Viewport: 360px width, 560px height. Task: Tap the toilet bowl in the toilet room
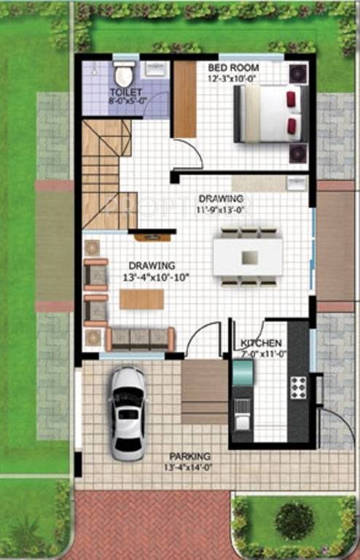(x=122, y=74)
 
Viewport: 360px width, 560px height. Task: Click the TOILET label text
(x=125, y=93)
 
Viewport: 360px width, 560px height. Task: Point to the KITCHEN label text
(x=261, y=343)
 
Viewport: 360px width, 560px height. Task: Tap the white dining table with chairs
(x=249, y=257)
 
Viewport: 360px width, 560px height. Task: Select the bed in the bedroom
(x=267, y=114)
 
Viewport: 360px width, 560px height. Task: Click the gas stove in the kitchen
(x=298, y=386)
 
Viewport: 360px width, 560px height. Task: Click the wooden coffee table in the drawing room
(x=141, y=299)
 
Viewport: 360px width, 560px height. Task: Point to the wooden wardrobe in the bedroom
(x=185, y=98)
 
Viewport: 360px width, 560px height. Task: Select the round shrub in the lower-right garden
(x=294, y=521)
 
